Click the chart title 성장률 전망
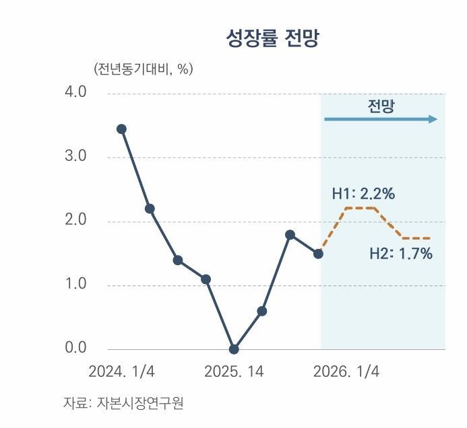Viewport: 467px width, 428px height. pos(272,38)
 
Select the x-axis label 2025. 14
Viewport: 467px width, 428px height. pos(234,371)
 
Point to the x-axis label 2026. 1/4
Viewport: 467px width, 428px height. pos(346,371)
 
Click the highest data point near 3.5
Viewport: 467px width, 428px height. pos(121,129)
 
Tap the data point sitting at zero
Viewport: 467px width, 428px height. pos(234,349)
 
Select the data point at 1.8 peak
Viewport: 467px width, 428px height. pos(290,235)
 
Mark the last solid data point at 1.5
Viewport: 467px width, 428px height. pos(318,254)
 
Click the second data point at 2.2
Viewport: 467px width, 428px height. pos(150,209)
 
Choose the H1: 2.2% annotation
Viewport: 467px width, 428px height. pos(363,194)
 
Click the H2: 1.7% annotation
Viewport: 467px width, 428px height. pos(401,254)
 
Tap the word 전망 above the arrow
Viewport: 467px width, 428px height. pos(381,106)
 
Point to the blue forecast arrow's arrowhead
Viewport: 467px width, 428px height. pos(433,119)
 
